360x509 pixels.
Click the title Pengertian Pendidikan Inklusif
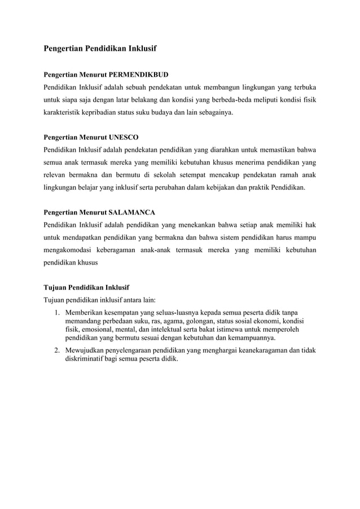[100, 49]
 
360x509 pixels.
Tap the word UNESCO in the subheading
[123, 137]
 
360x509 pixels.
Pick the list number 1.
[57, 311]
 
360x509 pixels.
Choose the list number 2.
[57, 350]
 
